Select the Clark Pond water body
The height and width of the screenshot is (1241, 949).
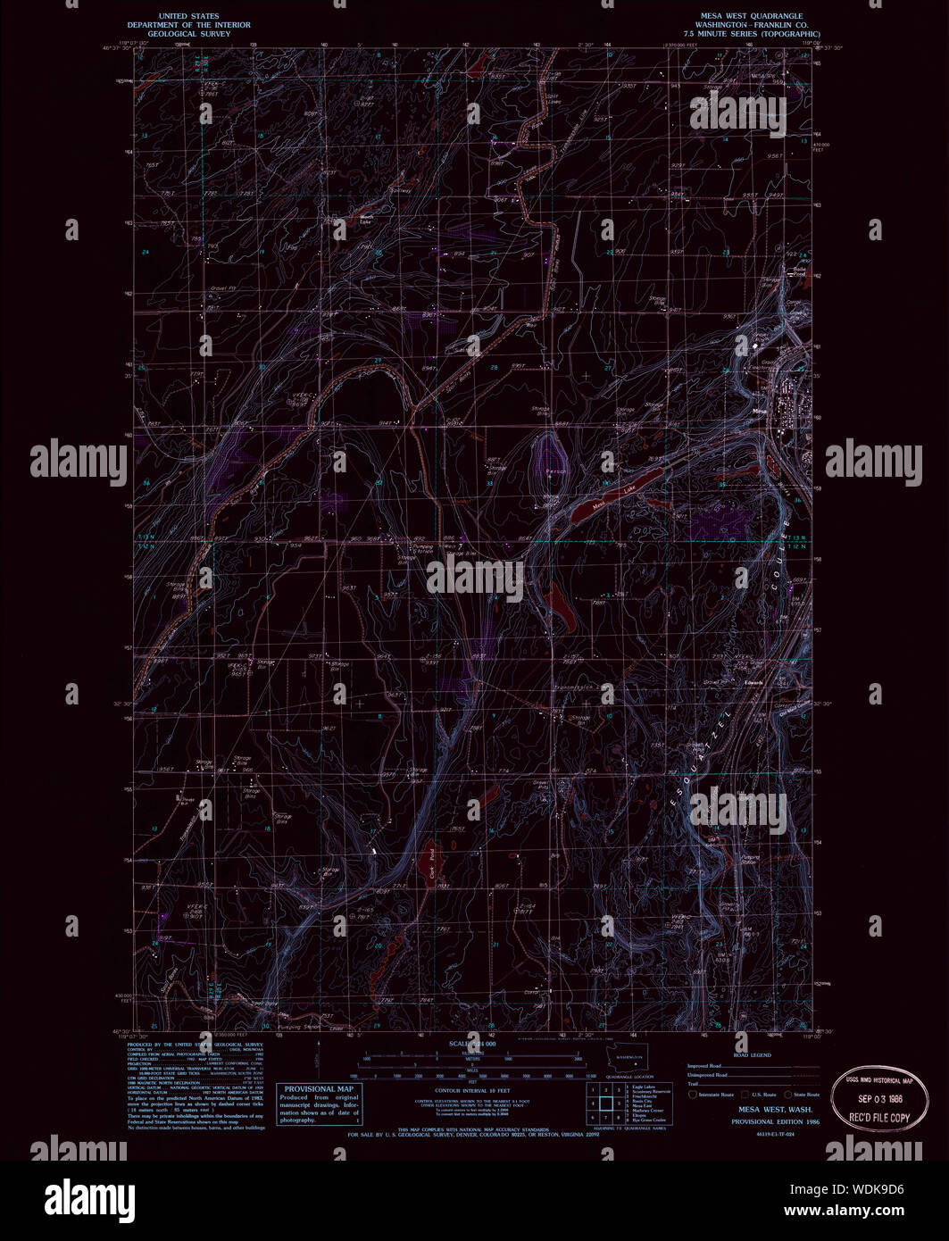pyautogui.click(x=429, y=864)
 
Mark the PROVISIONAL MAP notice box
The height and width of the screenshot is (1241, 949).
pyautogui.click(x=319, y=1104)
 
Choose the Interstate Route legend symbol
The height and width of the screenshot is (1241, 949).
pyautogui.click(x=693, y=1094)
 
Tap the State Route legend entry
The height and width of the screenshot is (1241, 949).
pyautogui.click(x=802, y=1094)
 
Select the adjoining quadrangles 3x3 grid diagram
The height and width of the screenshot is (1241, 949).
pyautogui.click(x=606, y=1103)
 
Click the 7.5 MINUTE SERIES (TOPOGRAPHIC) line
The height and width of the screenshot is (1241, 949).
pyautogui.click(x=750, y=34)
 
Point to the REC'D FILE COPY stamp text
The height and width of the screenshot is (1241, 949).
pyautogui.click(x=878, y=1117)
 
